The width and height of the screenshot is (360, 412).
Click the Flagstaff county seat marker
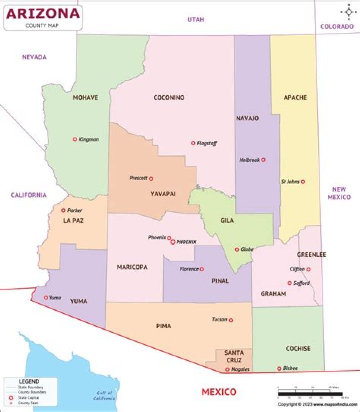point(193,143)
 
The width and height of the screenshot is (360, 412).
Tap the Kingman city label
point(89,139)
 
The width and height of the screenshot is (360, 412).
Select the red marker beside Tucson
point(231,320)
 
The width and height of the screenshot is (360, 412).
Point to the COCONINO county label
point(169,98)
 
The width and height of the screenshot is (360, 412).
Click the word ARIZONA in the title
point(43,13)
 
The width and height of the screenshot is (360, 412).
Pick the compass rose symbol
point(348,12)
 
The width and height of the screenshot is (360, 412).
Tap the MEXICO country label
point(219,391)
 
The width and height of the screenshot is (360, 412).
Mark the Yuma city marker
point(46,298)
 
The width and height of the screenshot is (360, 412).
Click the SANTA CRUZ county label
point(234,356)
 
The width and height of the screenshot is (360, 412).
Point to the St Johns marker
point(303,182)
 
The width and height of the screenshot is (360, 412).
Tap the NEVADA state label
point(34,57)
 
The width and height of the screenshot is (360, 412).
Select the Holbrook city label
point(249,160)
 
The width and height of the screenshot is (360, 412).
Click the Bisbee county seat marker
point(279,369)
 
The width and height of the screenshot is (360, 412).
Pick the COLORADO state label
point(337,27)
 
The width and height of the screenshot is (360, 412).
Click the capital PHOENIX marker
point(173,242)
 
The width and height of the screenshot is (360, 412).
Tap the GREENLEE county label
point(311,255)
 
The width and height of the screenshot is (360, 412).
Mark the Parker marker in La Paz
point(63,211)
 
